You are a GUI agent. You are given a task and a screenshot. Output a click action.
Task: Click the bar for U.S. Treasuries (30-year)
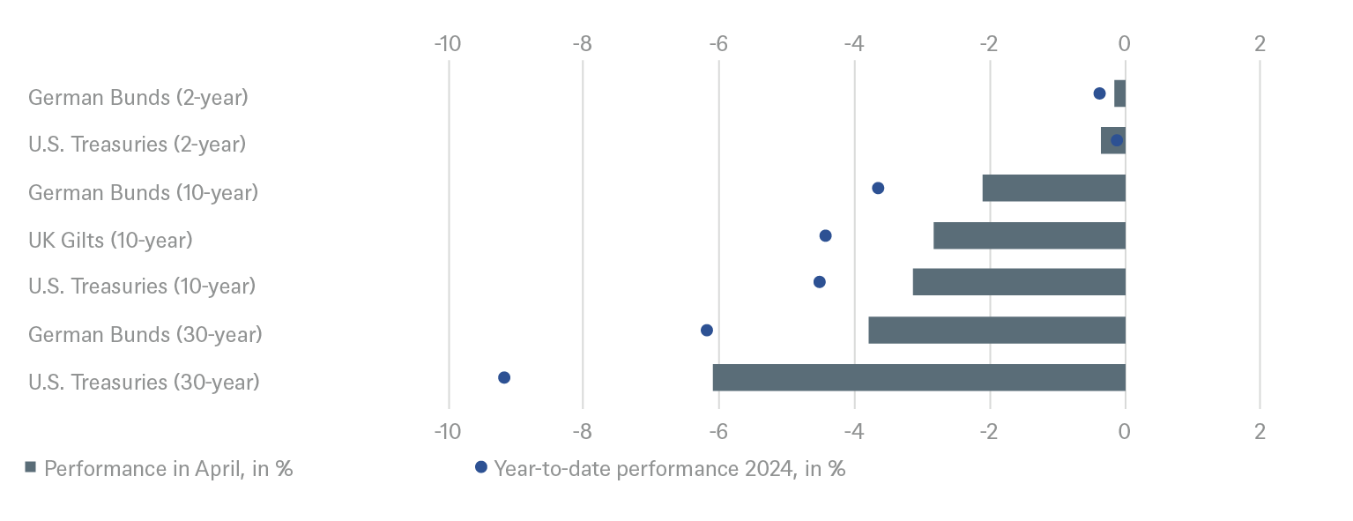918,377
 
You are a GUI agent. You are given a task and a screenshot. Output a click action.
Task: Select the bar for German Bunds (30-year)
996,331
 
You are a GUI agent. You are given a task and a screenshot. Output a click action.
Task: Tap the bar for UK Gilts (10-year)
1029,236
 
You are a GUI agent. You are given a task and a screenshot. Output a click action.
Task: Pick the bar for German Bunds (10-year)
1053,189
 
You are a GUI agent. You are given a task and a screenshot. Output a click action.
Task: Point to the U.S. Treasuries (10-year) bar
1018,282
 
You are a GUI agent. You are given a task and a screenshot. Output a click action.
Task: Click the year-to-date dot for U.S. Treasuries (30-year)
504,377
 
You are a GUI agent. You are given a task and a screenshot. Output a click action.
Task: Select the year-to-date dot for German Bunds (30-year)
707,331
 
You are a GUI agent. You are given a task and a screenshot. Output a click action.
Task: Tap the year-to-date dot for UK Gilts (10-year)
825,235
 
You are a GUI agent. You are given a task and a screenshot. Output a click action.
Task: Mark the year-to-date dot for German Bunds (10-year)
878,188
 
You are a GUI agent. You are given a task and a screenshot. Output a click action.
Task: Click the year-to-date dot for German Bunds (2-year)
1099,93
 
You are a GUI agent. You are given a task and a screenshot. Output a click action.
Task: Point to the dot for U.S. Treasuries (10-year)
820,282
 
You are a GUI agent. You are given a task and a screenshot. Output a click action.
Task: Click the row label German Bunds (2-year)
138,97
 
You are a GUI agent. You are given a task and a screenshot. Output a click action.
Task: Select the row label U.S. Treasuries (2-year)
137,144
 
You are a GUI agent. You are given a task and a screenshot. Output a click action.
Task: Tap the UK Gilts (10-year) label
110,239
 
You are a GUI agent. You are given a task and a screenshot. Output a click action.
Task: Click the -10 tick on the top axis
448,43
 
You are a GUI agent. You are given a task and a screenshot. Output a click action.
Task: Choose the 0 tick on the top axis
1125,43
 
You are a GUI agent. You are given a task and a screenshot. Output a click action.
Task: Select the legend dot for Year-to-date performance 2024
480,467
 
